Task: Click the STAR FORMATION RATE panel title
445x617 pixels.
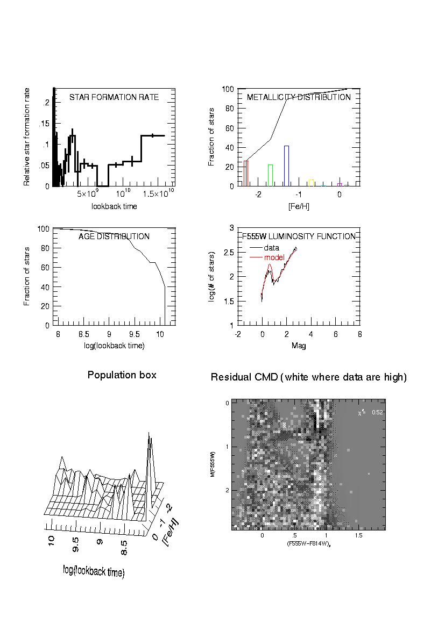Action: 114,97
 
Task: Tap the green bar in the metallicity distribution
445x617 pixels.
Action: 271,175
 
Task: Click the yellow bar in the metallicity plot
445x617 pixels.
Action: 311,183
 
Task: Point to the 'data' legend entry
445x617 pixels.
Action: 272,248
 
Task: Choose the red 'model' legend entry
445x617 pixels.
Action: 274,257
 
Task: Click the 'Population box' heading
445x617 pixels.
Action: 122,375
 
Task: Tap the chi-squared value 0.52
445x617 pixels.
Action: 377,413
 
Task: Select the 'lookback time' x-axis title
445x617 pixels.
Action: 114,206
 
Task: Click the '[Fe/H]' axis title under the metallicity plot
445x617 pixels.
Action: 299,206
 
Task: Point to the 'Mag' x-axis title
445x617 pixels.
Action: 299,346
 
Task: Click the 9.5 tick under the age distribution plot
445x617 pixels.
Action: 135,334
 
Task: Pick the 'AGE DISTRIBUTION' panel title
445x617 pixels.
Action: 114,236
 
